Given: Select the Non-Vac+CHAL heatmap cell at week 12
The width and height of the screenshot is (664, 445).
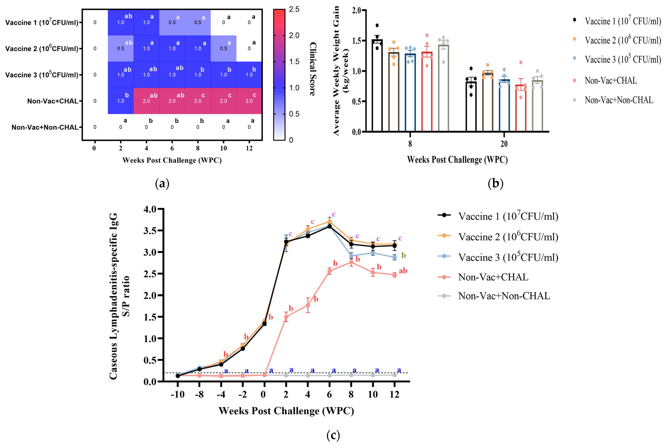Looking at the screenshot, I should point(249,101).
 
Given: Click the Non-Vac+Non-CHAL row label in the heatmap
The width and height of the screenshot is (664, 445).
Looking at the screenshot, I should point(45,127).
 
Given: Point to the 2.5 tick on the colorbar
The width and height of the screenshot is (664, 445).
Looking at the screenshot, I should point(294,9).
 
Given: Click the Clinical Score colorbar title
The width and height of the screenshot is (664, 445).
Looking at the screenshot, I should point(313,69).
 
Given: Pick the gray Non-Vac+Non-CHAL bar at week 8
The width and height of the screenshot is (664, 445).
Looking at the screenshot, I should point(443,88).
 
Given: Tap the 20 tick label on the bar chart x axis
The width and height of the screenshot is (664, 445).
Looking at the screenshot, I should point(504,144).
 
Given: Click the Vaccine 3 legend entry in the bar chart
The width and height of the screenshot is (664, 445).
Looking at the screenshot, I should point(623,59).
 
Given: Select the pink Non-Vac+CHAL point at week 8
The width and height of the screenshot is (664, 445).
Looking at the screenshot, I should point(351,262).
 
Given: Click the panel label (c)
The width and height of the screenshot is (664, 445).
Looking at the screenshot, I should point(333,435).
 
